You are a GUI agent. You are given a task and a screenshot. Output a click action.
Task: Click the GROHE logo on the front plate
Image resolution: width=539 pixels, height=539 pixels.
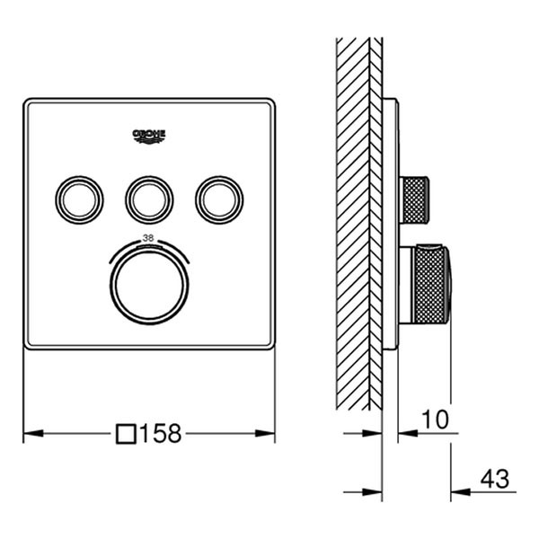click(149, 136)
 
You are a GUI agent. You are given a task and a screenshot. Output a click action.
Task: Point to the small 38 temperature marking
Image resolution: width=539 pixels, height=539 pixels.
click(149, 239)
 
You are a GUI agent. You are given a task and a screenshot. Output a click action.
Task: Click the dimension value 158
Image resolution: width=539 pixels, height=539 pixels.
click(162, 434)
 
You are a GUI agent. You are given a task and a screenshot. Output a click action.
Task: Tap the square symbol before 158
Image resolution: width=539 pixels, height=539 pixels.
click(128, 434)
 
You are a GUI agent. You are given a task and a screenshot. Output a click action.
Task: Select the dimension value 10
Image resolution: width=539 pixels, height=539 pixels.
click(433, 419)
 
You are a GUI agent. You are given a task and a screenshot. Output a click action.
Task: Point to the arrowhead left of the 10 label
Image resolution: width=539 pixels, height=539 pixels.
click(405, 432)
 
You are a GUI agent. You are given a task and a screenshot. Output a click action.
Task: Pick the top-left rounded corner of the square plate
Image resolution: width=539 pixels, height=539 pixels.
click(30, 105)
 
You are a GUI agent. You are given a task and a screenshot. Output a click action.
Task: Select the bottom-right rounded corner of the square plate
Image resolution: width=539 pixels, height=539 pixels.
click(269, 345)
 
